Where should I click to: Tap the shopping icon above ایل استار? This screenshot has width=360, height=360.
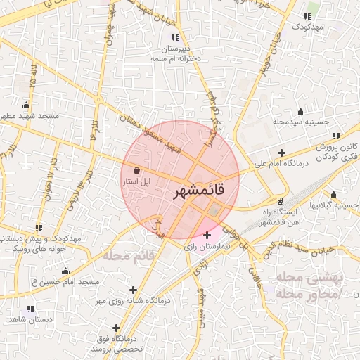coord(136,170)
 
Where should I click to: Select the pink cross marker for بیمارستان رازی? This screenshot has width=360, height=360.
coord(206,235)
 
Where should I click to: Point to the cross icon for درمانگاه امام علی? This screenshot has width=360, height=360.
coord(282,153)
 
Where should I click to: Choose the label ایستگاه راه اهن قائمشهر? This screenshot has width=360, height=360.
coord(281,217)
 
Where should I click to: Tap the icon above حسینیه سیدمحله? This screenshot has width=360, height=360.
coord(301,111)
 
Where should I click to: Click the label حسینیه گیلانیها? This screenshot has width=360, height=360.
coord(336,205)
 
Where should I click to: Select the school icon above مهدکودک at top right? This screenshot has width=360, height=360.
coord(308,16)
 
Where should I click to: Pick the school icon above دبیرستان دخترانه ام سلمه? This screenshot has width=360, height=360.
coord(175,37)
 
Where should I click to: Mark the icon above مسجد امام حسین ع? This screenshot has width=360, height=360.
coord(66,271)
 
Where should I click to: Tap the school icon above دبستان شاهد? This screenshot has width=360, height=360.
coord(30,309)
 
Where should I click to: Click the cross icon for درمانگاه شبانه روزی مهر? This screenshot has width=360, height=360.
coord(133,290)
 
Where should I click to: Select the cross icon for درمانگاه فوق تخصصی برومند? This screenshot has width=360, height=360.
coord(116,328)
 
